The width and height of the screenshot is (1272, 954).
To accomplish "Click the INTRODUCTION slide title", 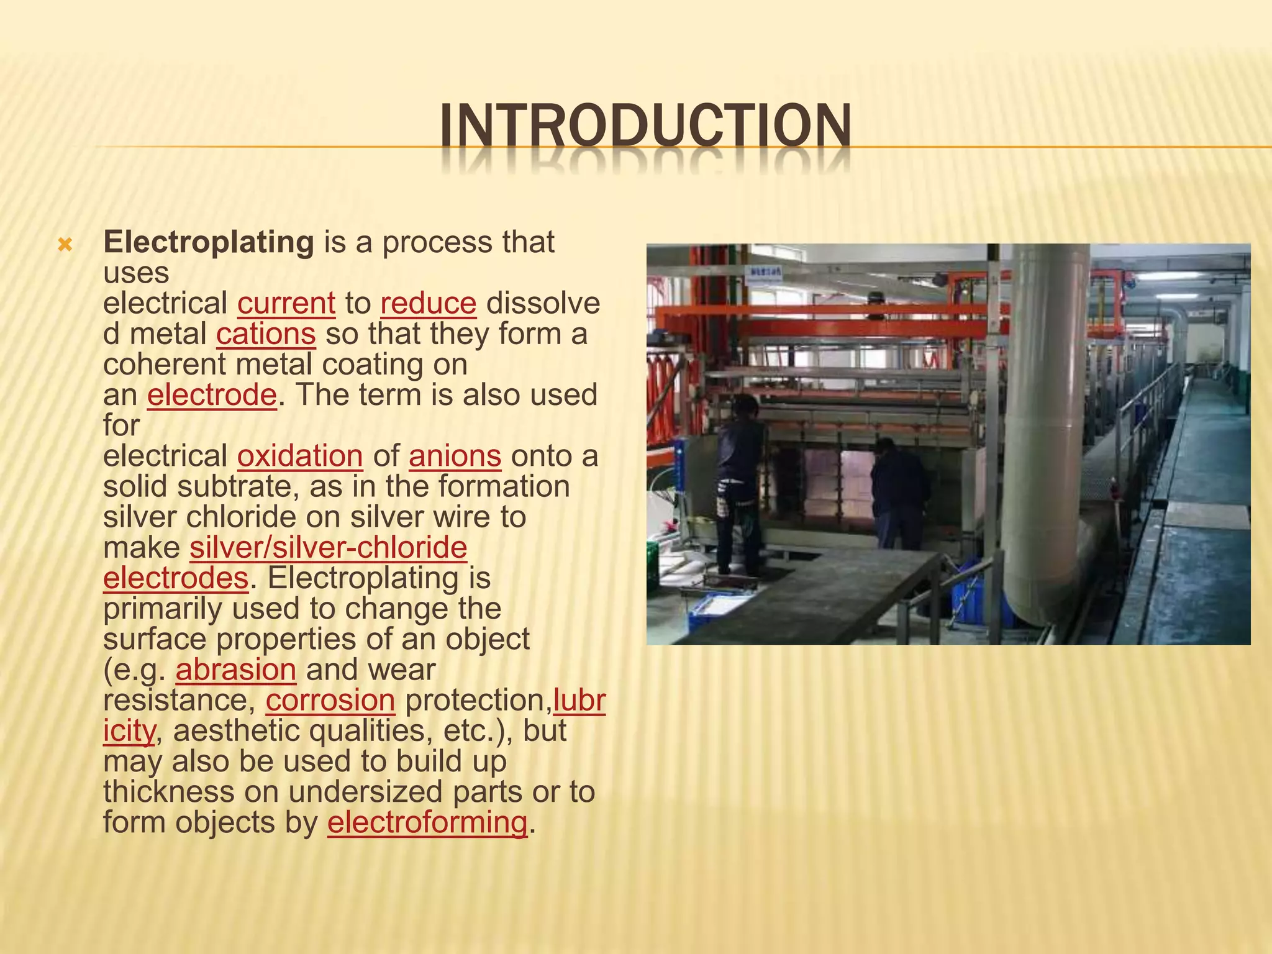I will (x=646, y=128).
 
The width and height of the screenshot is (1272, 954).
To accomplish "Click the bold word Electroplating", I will (x=209, y=242).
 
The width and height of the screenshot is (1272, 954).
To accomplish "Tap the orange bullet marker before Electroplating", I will (x=65, y=245).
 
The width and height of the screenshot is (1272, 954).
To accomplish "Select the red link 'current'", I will (x=286, y=304).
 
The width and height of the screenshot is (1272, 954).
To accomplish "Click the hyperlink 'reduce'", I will (x=429, y=304).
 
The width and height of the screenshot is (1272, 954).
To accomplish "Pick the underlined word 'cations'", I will (x=266, y=334).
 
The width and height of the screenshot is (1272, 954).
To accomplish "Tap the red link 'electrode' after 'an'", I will (x=212, y=395).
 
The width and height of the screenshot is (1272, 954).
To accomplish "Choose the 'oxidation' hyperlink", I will (x=300, y=457).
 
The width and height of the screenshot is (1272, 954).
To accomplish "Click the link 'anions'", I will (x=455, y=457).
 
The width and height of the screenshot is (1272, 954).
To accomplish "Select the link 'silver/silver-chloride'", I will (x=328, y=548).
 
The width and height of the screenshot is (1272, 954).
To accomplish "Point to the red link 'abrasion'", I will (x=236, y=670).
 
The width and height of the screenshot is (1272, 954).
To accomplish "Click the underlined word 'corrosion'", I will (x=330, y=701).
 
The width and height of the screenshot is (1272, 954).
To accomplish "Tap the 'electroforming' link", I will (x=427, y=823).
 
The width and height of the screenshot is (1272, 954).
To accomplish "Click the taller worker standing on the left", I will (x=739, y=484).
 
